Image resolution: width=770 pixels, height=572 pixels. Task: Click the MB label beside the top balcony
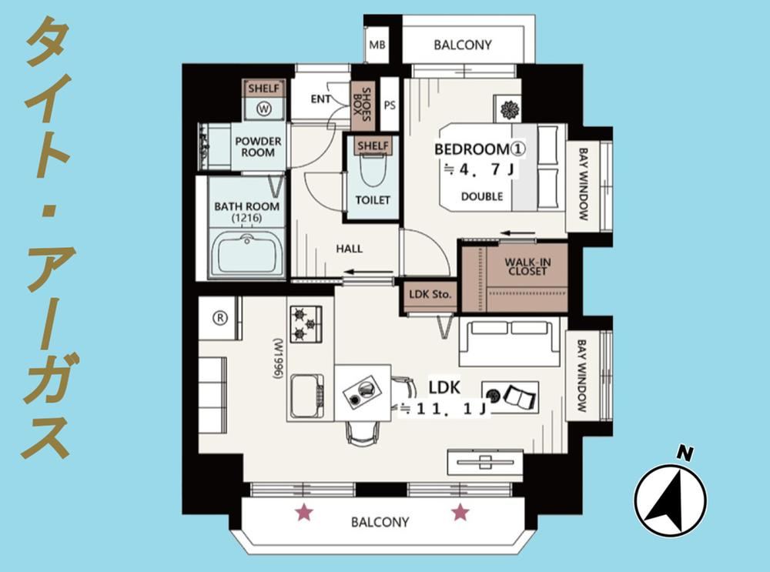click(377, 45)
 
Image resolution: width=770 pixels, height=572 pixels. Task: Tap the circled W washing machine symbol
click(264, 109)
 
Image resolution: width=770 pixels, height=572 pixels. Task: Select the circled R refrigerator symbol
click(220, 318)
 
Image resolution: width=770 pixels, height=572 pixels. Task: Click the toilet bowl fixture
click(373, 169)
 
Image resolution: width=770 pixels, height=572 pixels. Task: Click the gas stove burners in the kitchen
click(306, 323)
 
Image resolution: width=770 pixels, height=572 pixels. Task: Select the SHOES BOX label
click(363, 105)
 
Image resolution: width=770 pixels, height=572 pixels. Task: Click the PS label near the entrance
click(390, 105)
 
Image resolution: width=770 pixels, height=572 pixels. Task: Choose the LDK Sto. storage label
click(430, 295)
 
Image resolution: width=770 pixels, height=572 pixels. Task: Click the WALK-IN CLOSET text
click(527, 266)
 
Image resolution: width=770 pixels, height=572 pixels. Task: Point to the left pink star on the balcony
click(304, 513)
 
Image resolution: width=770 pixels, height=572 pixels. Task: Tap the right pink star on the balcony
click(460, 513)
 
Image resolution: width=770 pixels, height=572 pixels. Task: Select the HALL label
click(349, 249)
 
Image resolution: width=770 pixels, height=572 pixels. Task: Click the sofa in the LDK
click(510, 342)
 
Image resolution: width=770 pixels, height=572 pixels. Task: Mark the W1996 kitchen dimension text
click(279, 358)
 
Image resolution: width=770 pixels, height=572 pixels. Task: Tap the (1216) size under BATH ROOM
click(247, 218)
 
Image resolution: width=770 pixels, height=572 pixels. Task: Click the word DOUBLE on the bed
click(482, 196)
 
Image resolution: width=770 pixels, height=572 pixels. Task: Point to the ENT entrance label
click(320, 99)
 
